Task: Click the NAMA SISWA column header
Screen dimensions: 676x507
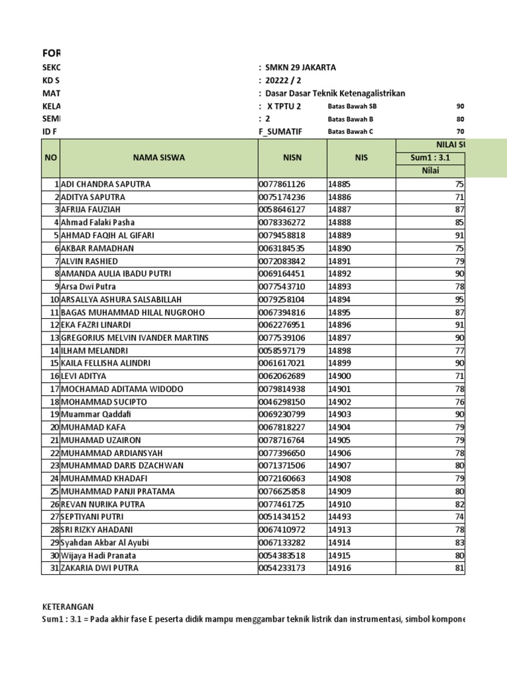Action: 158,158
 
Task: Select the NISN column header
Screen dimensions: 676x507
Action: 291,158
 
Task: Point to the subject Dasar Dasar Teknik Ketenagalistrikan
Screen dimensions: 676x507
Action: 335,93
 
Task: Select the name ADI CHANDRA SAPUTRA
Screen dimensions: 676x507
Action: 106,184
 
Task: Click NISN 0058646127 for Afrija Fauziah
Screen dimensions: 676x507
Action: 282,210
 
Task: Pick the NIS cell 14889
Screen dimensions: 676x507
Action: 340,236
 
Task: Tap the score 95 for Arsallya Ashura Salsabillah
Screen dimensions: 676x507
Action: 459,300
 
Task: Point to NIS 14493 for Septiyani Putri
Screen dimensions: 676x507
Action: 340,517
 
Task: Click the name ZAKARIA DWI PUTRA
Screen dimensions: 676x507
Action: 100,568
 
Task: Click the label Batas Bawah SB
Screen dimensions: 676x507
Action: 353,106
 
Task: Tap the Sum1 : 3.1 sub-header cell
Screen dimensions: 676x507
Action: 429,158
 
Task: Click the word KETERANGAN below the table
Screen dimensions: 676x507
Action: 68,607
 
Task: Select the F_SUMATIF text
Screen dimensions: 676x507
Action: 280,131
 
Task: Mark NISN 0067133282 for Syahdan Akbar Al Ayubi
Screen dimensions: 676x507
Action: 282,543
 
